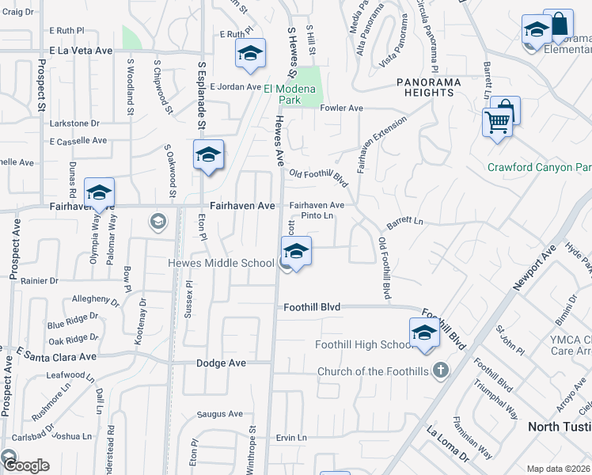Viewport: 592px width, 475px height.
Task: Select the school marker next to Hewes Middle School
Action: (296, 253)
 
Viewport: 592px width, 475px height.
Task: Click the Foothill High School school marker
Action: (424, 333)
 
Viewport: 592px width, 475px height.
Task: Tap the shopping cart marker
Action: (498, 123)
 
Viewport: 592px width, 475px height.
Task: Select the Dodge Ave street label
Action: (222, 363)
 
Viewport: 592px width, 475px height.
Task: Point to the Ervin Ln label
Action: (291, 438)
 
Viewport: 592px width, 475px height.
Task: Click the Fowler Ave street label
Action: (341, 108)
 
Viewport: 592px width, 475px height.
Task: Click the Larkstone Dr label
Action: (75, 123)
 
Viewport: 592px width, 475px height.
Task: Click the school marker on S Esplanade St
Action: (208, 155)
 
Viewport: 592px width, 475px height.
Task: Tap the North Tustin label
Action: (559, 427)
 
